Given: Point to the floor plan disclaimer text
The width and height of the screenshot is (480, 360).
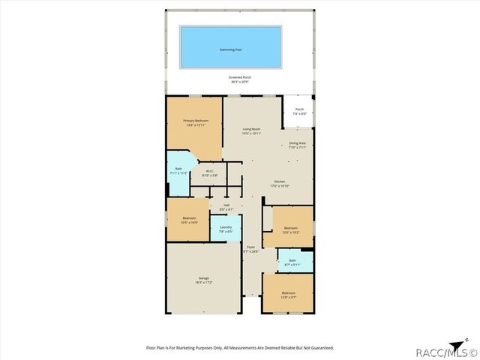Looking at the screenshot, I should point(239,348).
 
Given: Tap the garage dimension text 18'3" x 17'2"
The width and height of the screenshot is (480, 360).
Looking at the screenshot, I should point(203,283).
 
